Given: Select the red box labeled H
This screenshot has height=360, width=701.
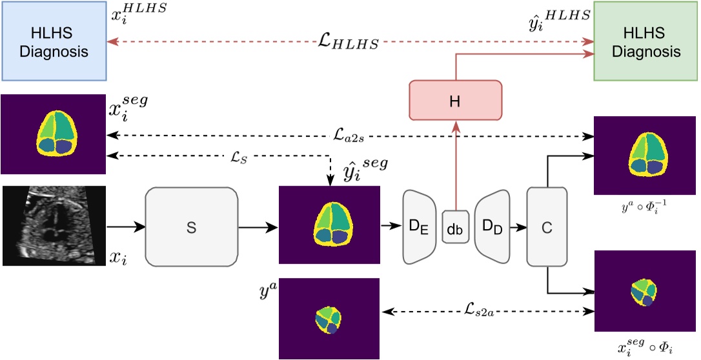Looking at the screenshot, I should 455,100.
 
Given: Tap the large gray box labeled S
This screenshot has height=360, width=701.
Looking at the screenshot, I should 191,226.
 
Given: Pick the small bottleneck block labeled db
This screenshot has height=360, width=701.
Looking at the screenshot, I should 455,226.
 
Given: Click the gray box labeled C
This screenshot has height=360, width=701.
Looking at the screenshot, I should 547,226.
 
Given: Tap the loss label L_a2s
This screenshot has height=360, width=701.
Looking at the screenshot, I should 349,135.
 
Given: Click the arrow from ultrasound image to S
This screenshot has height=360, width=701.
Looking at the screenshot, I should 126,226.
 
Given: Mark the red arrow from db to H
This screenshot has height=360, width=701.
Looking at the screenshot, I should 455,165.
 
